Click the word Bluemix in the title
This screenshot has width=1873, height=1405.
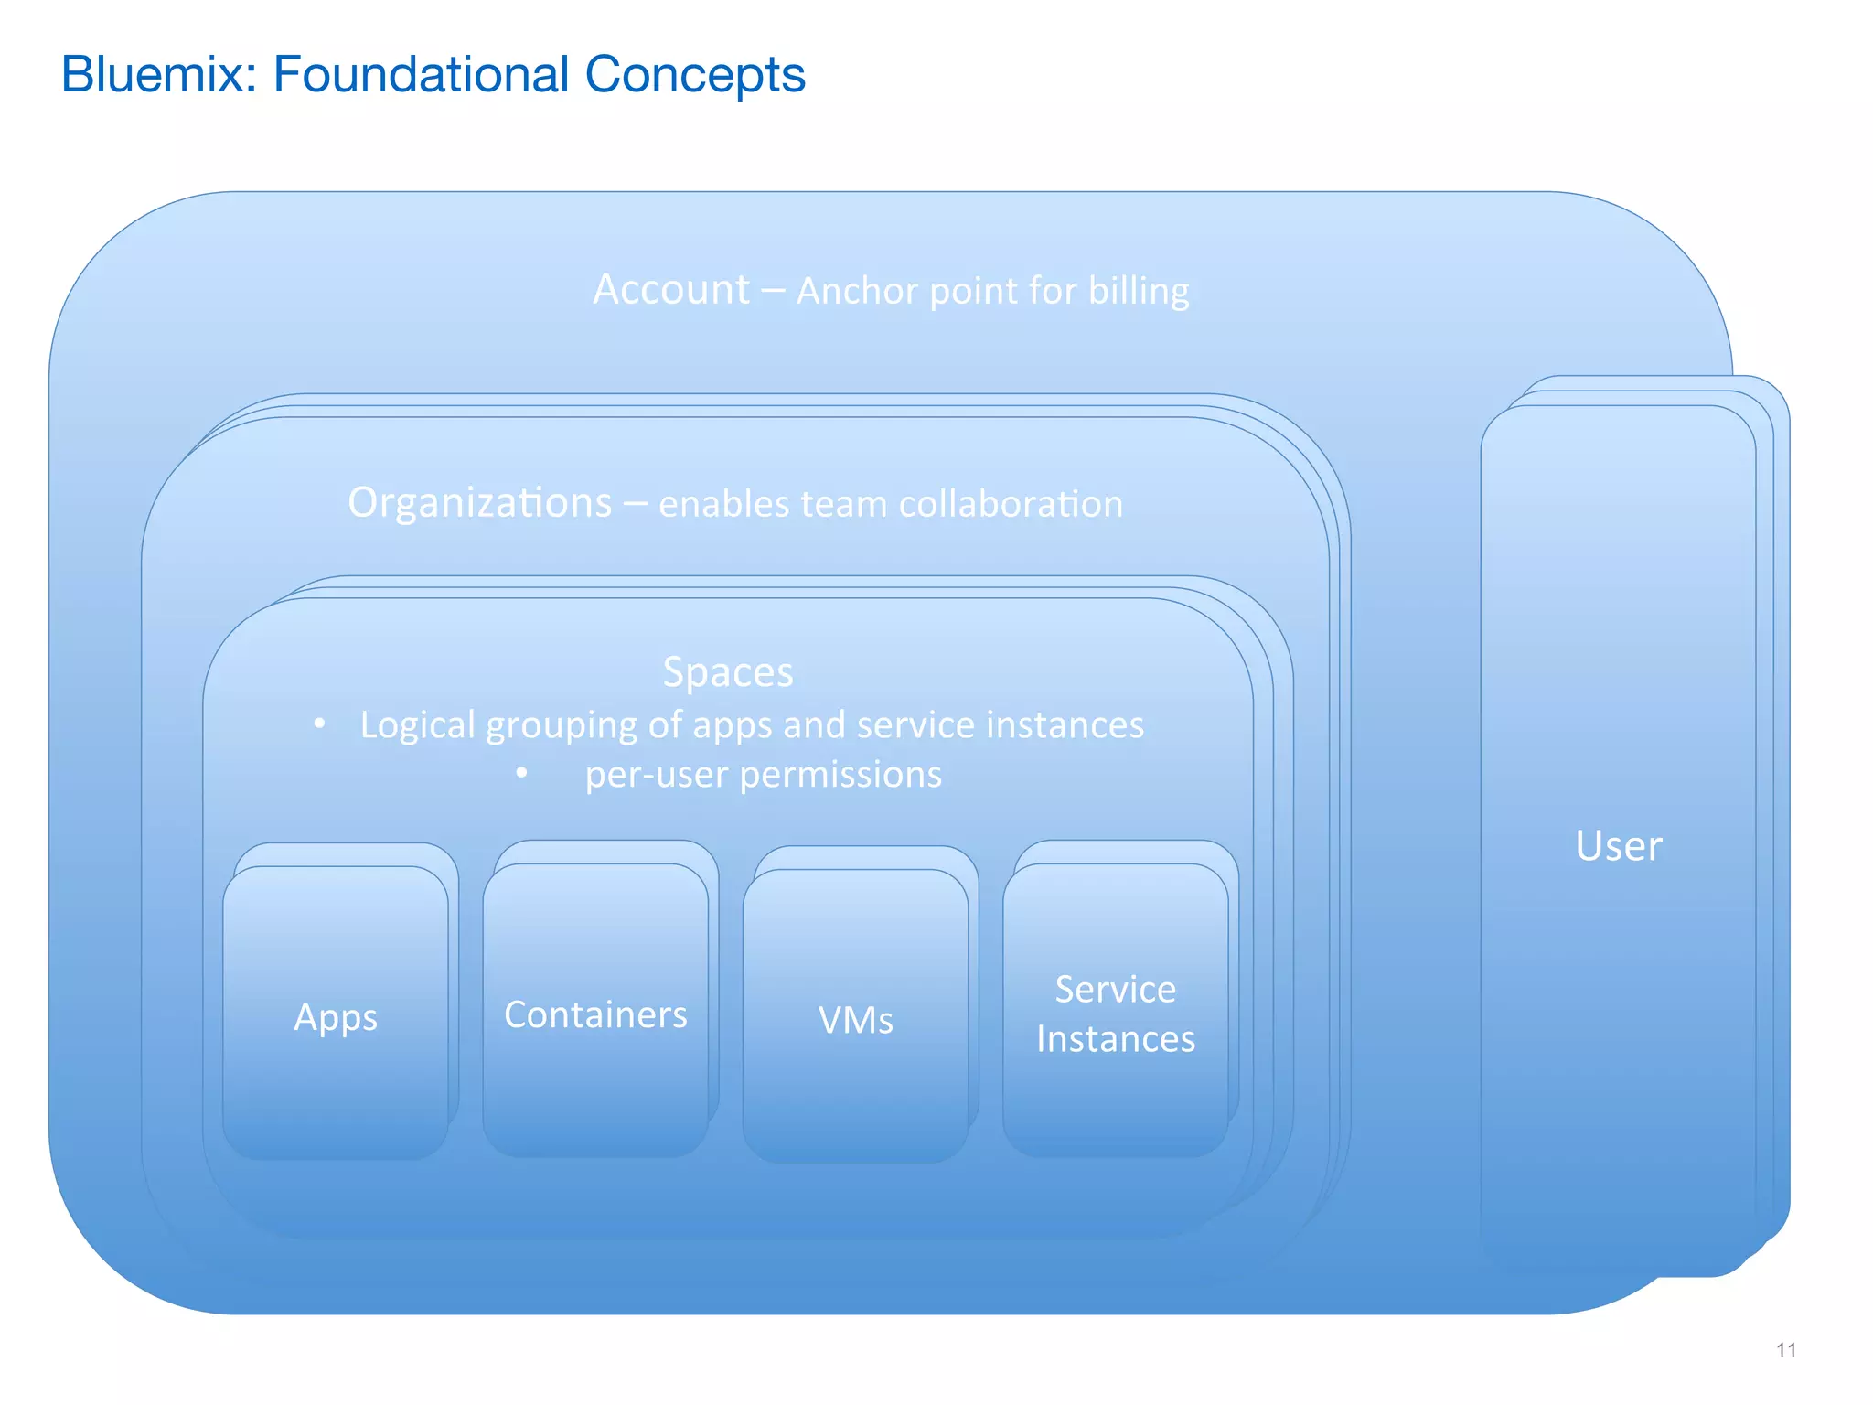click(158, 74)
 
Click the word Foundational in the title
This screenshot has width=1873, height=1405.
click(420, 74)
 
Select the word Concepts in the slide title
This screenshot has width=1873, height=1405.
click(694, 75)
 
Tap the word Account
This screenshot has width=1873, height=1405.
click(670, 290)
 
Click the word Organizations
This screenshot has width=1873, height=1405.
click(479, 503)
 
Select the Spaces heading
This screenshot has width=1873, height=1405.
click(728, 672)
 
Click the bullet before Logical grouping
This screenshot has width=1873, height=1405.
click(319, 724)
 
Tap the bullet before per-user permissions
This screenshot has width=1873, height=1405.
click(521, 774)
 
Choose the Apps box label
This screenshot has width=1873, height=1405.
click(336, 1018)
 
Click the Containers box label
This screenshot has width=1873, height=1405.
click(595, 1014)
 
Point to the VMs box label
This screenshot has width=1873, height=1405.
click(855, 1021)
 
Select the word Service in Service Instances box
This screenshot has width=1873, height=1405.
click(1115, 989)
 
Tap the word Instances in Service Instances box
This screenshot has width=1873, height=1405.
click(1115, 1039)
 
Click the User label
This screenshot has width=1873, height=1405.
click(1618, 846)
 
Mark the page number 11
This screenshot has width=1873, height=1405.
click(1785, 1350)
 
